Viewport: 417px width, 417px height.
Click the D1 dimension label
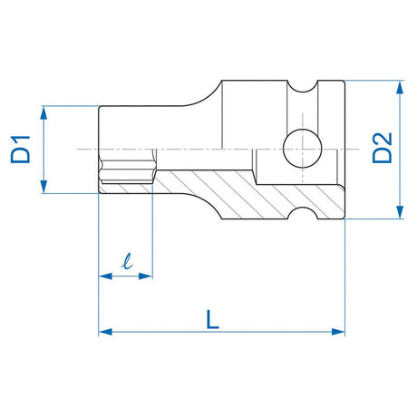click(x=21, y=149)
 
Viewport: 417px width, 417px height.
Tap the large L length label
click(x=211, y=318)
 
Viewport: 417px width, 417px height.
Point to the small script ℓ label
click(x=126, y=264)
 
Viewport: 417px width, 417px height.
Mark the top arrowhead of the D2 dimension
click(x=397, y=85)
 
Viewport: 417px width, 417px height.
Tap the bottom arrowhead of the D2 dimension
click(x=397, y=214)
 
